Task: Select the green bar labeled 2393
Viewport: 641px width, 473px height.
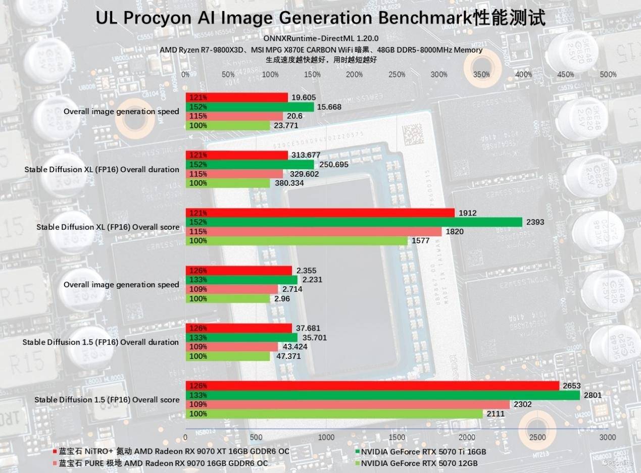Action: (354, 222)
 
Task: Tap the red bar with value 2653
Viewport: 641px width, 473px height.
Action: (372, 386)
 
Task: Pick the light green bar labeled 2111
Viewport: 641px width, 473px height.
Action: (334, 414)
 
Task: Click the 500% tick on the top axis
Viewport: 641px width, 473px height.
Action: (608, 75)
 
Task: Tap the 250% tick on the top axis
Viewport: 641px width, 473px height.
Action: (397, 75)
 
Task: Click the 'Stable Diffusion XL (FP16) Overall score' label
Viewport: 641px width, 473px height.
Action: (108, 227)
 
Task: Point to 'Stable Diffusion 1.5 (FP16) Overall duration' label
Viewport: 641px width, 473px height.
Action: (101, 342)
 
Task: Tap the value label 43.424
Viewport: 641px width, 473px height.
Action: (295, 347)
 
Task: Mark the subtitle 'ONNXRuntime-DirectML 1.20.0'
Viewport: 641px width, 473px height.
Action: (321, 38)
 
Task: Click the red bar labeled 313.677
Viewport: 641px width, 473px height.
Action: (236, 155)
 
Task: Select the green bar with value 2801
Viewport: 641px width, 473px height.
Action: (382, 395)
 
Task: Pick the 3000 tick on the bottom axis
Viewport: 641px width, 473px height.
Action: (607, 437)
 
